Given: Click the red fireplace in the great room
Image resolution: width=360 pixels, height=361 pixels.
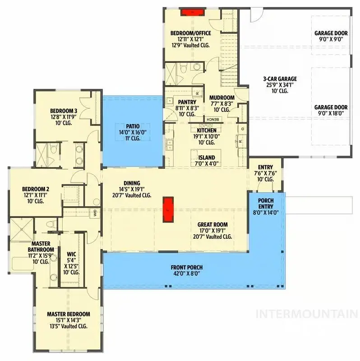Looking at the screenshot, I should pyautogui.click(x=168, y=209).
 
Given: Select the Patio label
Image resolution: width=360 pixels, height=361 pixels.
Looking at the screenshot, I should pyautogui.click(x=133, y=126).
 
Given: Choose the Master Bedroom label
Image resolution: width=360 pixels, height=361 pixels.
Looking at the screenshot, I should pyautogui.click(x=69, y=314).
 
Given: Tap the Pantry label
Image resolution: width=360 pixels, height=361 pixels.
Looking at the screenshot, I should pyautogui.click(x=187, y=102).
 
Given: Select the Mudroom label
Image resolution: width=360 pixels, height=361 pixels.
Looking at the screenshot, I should pyautogui.click(x=222, y=97).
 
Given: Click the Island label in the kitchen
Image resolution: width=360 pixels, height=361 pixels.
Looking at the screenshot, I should pyautogui.click(x=207, y=157).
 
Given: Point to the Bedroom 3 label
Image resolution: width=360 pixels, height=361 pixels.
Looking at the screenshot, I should pyautogui.click(x=64, y=111).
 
